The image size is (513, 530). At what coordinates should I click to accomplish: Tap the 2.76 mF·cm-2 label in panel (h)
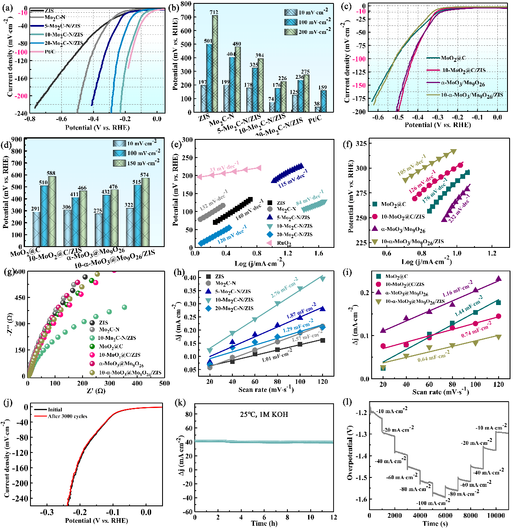pyautogui.click(x=284, y=287)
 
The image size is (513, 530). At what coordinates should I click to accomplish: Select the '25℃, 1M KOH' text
pyautogui.click(x=264, y=414)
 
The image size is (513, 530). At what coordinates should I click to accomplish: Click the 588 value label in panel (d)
pyautogui.click(x=52, y=173)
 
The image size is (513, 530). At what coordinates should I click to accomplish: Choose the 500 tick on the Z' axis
pyautogui.click(x=164, y=383)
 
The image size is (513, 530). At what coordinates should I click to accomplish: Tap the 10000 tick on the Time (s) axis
pyautogui.click(x=496, y=516)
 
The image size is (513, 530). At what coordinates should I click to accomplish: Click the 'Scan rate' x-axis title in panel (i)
pyautogui.click(x=441, y=392)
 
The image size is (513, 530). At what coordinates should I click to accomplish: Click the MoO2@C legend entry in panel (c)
pyautogui.click(x=453, y=58)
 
